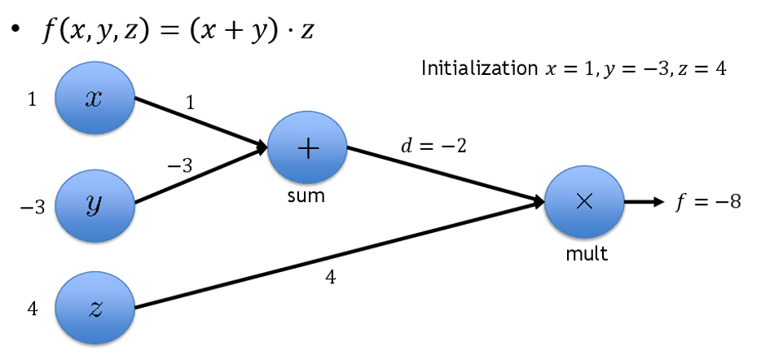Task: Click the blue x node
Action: (x=94, y=99)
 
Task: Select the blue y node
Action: (x=94, y=204)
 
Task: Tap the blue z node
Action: (x=94, y=308)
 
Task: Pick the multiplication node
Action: (x=583, y=203)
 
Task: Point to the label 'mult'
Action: (x=587, y=253)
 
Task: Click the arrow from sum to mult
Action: (x=444, y=174)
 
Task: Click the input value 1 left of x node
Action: (x=31, y=99)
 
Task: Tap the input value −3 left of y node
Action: (x=32, y=206)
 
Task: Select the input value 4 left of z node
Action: (x=33, y=310)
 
